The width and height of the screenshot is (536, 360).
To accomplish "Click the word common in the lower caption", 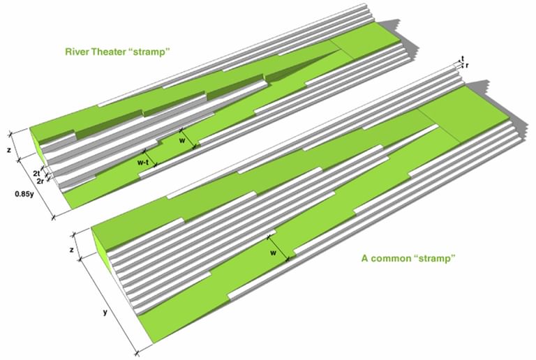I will (x=398, y=258).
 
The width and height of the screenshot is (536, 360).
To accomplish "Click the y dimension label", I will (x=104, y=312).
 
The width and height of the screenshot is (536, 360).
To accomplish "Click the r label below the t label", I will (x=466, y=66).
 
